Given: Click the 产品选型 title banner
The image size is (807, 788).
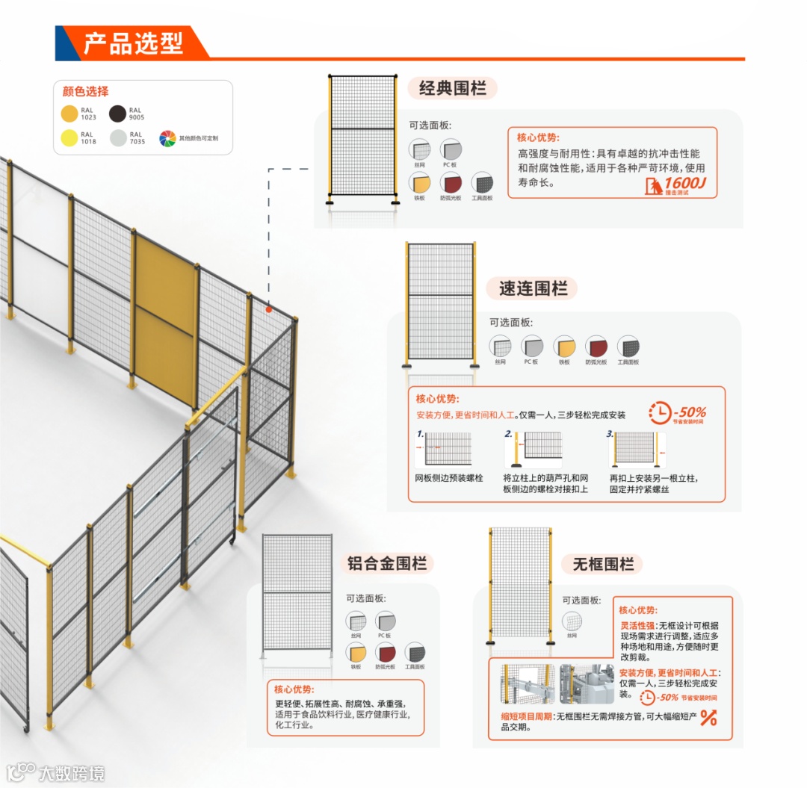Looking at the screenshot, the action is (x=132, y=43).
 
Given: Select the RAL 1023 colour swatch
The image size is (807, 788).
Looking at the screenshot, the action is (x=69, y=114).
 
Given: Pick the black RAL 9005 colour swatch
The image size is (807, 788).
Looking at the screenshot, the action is (x=118, y=114).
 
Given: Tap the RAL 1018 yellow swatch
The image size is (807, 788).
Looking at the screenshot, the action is (x=69, y=138).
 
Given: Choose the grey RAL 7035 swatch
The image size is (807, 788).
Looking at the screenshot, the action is (x=118, y=138).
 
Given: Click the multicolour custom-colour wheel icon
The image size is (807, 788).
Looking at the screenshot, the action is (x=167, y=138).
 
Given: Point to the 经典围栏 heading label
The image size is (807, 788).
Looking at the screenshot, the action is (x=452, y=88).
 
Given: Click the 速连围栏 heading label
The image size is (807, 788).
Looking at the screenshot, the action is (x=533, y=288).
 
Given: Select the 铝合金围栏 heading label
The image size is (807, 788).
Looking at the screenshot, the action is (x=391, y=563).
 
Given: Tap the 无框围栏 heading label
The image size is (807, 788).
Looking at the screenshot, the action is (x=603, y=564).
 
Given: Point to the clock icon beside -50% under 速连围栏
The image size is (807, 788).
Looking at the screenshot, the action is (x=660, y=412).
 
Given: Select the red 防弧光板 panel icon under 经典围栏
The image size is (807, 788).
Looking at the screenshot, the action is (x=451, y=183).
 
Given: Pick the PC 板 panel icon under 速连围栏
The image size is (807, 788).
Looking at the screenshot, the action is (x=531, y=347).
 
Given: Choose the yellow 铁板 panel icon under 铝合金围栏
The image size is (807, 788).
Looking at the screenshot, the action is (x=356, y=652).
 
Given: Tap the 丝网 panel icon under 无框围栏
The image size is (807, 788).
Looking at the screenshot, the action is (x=572, y=621).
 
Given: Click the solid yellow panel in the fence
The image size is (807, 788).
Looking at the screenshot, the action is (x=164, y=317).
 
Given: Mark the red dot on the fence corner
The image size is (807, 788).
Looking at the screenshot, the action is (x=268, y=308).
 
